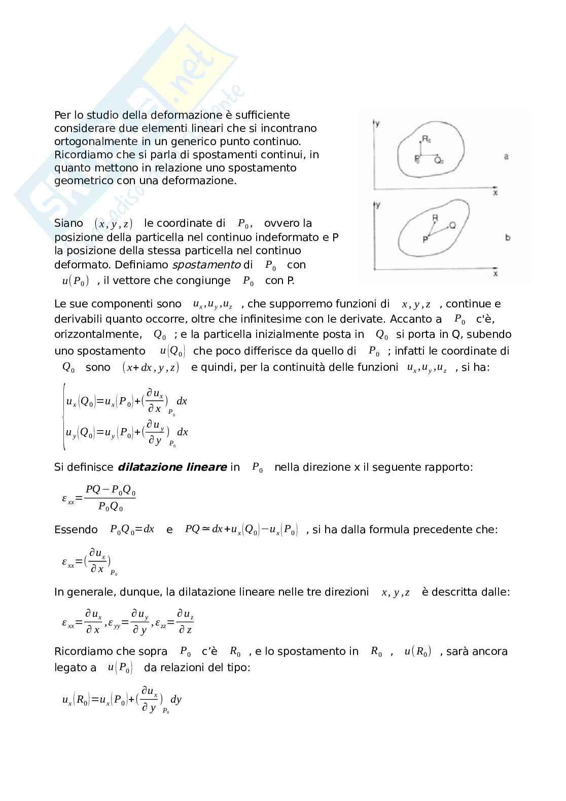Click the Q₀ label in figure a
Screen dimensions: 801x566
(439, 160)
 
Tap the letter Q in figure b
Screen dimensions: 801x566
(452, 225)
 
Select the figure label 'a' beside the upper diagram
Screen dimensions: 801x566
(506, 157)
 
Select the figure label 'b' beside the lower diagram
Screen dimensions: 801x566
(508, 237)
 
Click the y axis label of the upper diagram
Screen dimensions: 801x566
(378, 123)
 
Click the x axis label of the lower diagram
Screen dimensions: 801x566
(496, 274)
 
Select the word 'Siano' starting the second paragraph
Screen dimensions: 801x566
(68, 223)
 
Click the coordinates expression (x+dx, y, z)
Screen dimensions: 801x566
(151, 368)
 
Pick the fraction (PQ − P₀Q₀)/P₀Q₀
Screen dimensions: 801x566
(110, 498)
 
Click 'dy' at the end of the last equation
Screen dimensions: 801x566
(176, 700)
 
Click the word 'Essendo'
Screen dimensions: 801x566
(76, 530)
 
